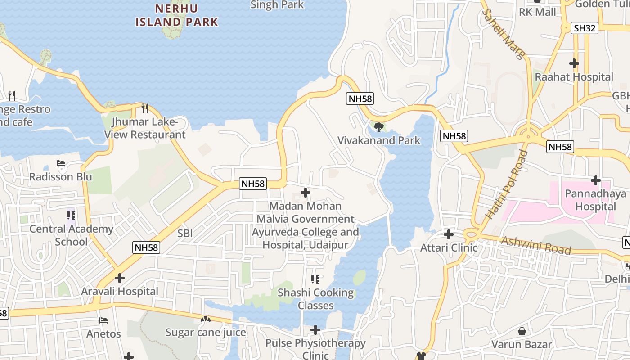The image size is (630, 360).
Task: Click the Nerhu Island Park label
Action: point(177,15)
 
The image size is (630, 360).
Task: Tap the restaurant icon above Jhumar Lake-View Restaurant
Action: point(145,108)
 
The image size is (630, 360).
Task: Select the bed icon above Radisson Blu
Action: point(61,163)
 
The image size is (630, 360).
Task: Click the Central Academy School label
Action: point(71,235)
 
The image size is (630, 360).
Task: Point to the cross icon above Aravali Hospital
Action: point(120,278)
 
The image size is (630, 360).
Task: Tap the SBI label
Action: point(185,233)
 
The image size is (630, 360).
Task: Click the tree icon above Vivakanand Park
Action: point(378,127)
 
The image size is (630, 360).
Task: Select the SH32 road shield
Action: point(585,28)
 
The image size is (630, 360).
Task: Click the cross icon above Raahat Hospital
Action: point(574,63)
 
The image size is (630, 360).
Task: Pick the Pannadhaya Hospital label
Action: point(595,200)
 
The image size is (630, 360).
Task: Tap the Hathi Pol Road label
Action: point(506,184)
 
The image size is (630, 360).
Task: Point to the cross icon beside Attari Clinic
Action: point(449,234)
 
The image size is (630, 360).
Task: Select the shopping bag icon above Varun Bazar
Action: point(522,332)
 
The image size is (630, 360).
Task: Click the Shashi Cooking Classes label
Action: point(315,299)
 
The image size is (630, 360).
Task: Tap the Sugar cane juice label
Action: point(206,333)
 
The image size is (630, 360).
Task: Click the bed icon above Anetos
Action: point(103,321)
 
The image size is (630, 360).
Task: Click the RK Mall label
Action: point(537,12)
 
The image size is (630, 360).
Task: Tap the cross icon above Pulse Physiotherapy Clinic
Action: point(315,330)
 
